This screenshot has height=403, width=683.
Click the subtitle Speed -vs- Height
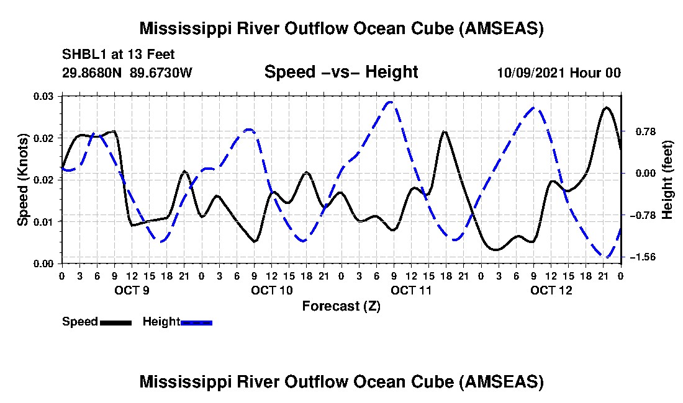coord(341,72)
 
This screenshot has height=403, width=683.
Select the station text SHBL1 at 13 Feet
coord(118,55)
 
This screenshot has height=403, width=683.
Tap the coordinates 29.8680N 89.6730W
coord(127,72)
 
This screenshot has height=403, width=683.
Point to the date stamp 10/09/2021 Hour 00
coord(559,73)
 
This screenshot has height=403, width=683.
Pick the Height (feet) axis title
coord(667,180)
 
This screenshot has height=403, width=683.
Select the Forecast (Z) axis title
coord(341,306)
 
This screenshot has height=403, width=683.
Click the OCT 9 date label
coord(132,290)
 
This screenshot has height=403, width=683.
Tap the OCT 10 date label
coord(272,290)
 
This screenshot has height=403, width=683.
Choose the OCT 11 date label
coord(411,290)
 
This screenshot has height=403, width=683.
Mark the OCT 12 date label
coord(551,290)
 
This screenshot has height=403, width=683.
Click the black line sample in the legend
coord(116,322)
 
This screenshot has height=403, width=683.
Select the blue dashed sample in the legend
coord(196,322)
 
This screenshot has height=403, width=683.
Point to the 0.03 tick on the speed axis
coord(43,96)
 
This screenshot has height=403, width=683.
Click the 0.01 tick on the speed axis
coord(43,222)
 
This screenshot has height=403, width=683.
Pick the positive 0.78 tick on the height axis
coord(646,131)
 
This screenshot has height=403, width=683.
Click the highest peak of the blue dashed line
coord(391,102)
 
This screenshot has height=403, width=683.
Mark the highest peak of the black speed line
coord(606,107)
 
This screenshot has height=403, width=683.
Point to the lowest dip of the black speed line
coord(495,250)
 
